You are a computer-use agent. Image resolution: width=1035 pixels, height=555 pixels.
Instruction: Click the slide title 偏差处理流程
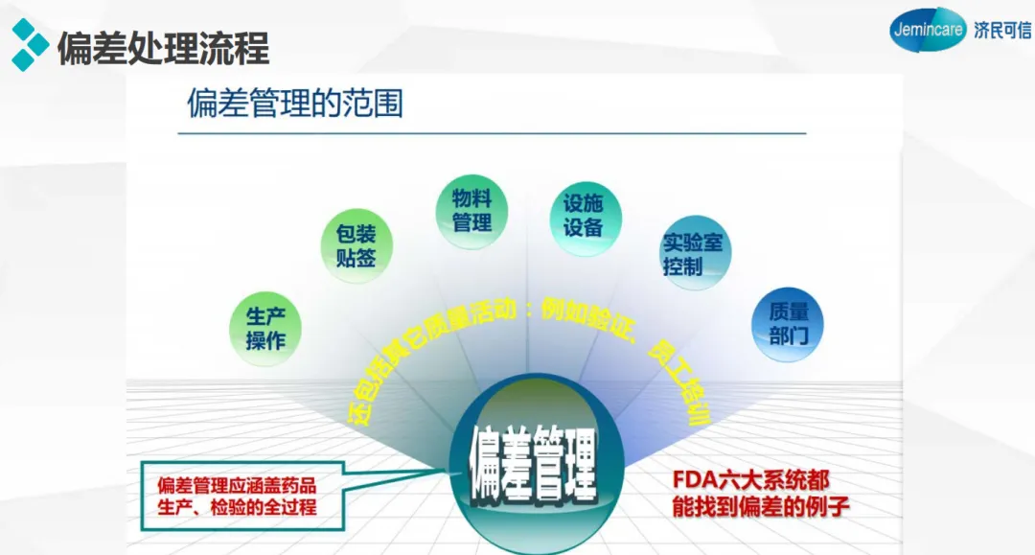[x=164, y=48]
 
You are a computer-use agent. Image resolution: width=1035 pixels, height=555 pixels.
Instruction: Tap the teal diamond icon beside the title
[x=30, y=45]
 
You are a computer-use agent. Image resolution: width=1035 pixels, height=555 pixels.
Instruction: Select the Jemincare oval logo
[x=927, y=30]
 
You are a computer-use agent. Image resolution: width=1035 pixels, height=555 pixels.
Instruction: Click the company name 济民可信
[x=1001, y=31]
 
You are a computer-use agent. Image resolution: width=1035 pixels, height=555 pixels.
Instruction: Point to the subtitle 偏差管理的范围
[x=295, y=103]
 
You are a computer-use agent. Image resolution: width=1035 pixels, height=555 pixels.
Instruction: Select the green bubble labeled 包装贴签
[x=355, y=246]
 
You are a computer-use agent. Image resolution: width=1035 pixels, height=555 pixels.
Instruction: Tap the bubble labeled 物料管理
[x=471, y=211]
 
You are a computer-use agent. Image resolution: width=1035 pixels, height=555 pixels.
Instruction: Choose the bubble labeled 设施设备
[x=584, y=216]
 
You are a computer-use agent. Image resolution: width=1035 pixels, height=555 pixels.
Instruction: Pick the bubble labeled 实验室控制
[x=695, y=255]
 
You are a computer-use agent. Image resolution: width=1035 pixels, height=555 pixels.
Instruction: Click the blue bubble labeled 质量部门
[x=788, y=324]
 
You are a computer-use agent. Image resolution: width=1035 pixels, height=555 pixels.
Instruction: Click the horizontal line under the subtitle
[x=492, y=133]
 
